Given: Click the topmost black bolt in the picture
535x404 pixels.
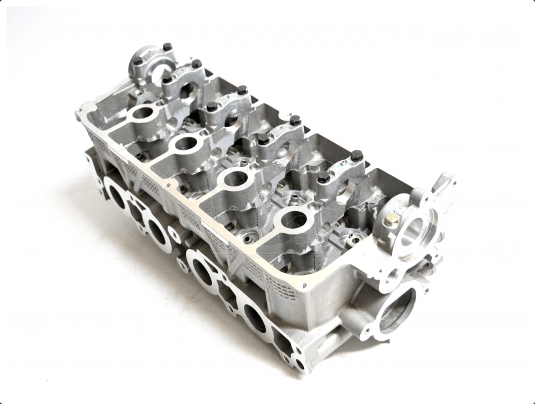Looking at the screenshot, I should coord(167,47).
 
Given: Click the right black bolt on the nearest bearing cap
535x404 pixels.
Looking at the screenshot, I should coord(356,156).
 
